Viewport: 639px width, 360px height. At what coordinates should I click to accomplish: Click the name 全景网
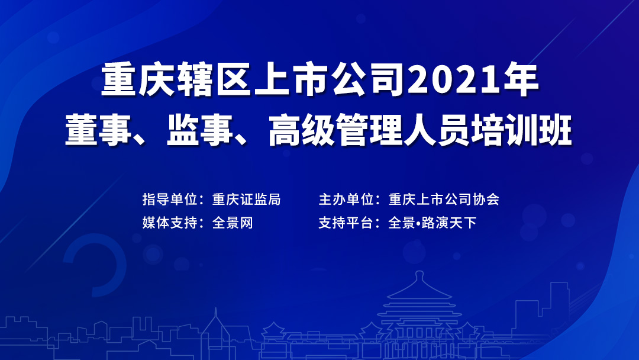(233, 223)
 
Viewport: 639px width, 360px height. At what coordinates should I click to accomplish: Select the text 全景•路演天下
(432, 223)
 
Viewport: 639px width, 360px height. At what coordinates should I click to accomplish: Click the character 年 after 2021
(523, 82)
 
